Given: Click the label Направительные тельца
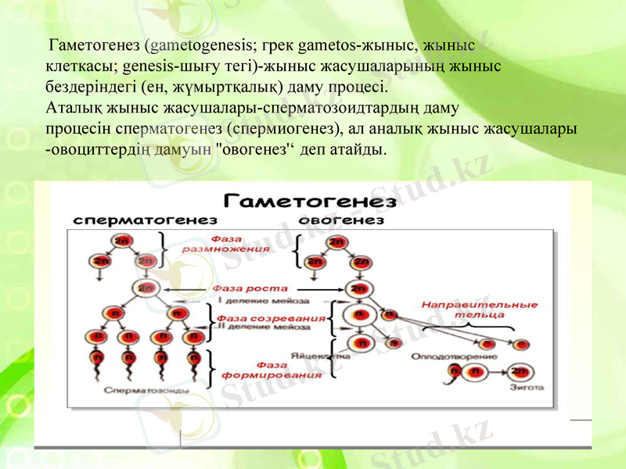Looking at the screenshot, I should [x=479, y=310].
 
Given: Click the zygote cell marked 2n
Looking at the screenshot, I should [x=518, y=371].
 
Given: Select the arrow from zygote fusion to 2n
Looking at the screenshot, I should [x=495, y=371].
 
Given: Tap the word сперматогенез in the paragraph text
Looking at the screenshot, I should [x=163, y=128].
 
